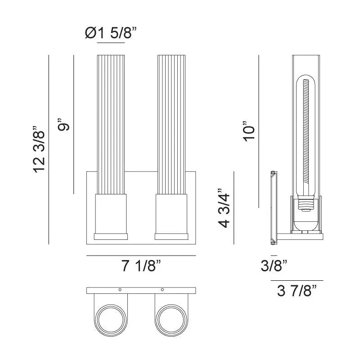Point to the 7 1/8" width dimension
[x=141, y=266]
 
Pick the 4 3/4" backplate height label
[x=224, y=207]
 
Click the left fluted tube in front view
[x=111, y=124]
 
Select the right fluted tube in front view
[x=171, y=124]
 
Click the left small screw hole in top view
[x=120, y=289]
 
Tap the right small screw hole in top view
[x=162, y=289]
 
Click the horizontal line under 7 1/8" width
[x=141, y=256]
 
